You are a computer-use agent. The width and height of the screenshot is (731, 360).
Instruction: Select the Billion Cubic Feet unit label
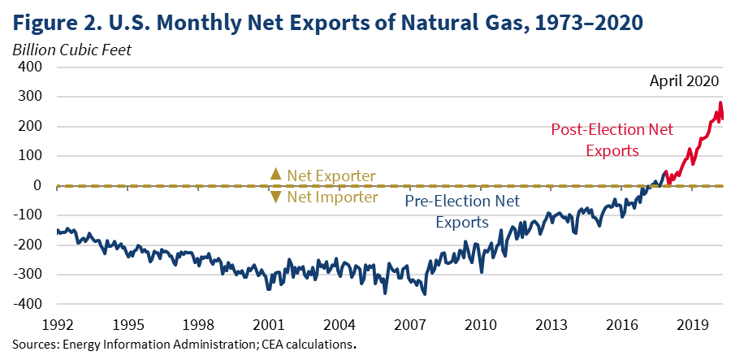71,49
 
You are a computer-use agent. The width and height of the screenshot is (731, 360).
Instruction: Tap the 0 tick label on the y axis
37,186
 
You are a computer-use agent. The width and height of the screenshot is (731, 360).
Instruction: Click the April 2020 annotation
684,80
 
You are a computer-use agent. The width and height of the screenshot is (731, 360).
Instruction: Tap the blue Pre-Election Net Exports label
462,210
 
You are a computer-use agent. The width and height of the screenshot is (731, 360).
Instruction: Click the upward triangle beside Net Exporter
275,174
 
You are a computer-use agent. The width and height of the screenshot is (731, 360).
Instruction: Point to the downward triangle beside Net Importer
275,197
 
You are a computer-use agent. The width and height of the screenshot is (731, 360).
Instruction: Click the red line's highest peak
719,102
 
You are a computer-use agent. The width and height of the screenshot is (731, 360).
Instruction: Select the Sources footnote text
184,344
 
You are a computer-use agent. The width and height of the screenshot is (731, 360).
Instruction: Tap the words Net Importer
333,197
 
